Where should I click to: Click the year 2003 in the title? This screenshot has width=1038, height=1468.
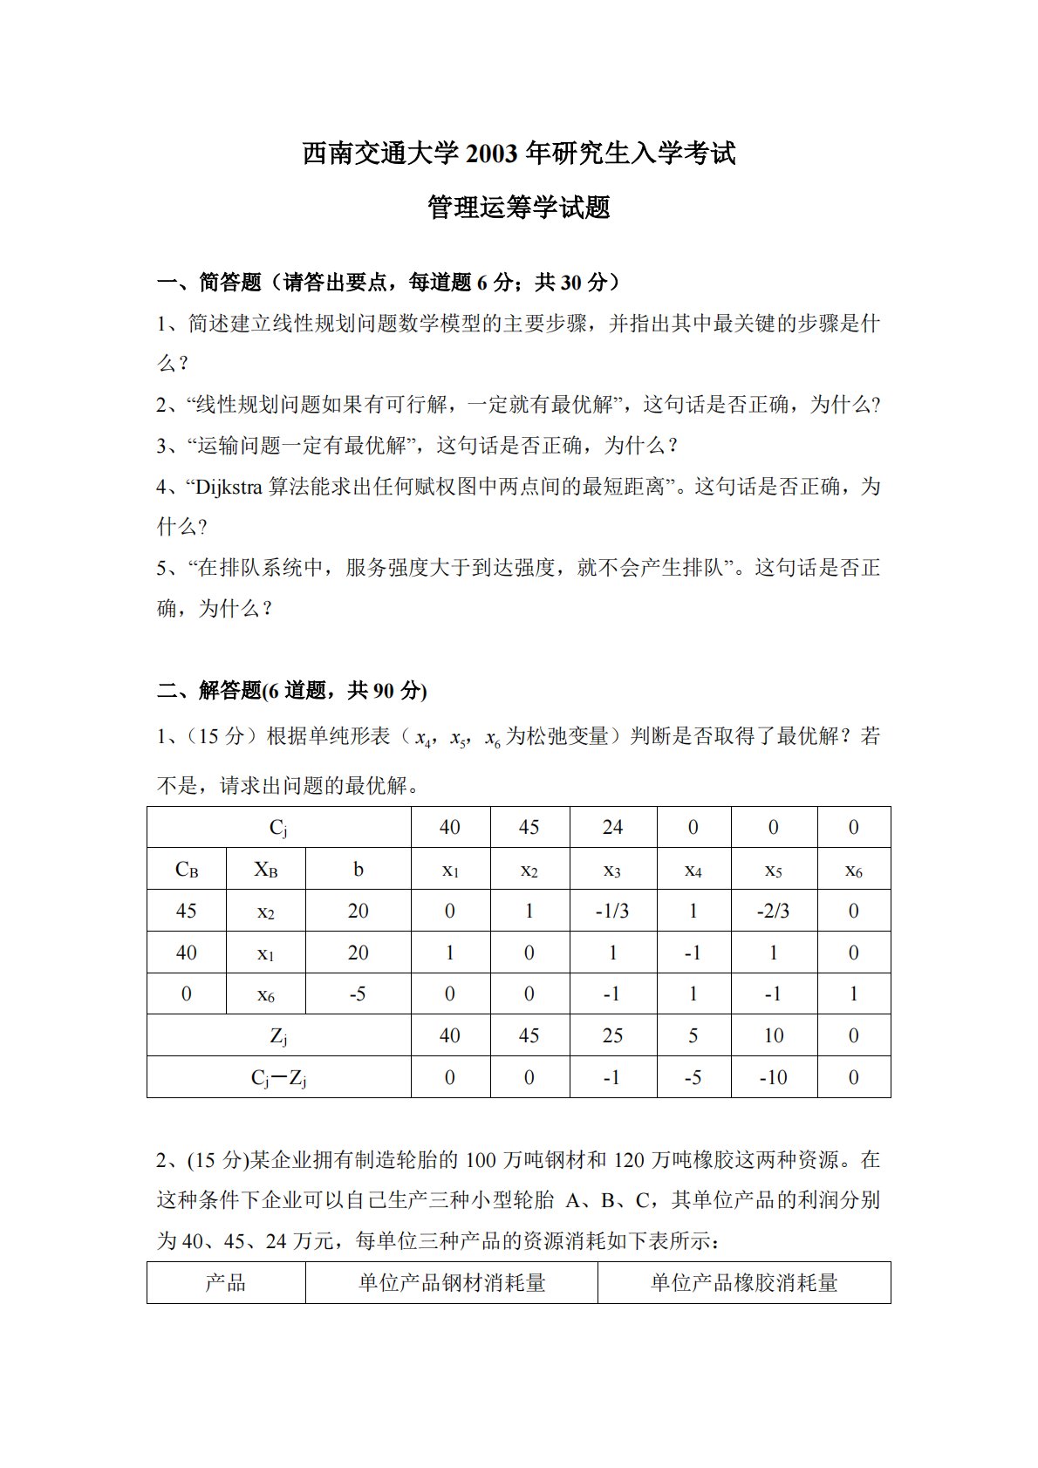click(x=494, y=154)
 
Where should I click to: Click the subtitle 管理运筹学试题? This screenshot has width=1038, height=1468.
click(x=519, y=208)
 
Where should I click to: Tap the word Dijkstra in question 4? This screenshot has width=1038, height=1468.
click(x=229, y=487)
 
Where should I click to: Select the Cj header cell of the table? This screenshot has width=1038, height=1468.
click(x=278, y=828)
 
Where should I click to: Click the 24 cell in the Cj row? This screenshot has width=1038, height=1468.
click(x=612, y=827)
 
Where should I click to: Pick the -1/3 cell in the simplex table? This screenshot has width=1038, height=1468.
click(x=612, y=911)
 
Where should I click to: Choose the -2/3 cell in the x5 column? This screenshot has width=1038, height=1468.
click(x=773, y=911)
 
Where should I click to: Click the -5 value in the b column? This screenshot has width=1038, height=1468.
click(x=358, y=993)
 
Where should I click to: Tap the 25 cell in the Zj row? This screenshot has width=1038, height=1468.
click(x=612, y=1035)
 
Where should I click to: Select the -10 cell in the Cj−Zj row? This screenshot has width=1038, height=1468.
click(x=773, y=1077)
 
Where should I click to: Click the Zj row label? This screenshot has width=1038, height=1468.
click(x=278, y=1035)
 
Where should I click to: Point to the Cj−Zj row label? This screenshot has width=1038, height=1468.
click(x=278, y=1078)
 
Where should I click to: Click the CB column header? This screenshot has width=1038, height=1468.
click(x=187, y=870)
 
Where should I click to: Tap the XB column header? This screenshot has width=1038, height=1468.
click(x=266, y=870)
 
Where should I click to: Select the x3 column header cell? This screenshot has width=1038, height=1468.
click(x=612, y=870)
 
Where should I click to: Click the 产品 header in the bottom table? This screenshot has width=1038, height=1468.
click(x=226, y=1282)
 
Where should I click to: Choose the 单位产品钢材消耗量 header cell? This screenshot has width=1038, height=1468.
click(x=452, y=1282)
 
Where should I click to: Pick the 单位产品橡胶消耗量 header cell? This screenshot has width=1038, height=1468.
click(x=744, y=1282)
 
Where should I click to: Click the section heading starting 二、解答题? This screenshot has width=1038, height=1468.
click(x=291, y=691)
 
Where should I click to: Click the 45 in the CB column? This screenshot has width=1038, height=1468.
click(x=187, y=911)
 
